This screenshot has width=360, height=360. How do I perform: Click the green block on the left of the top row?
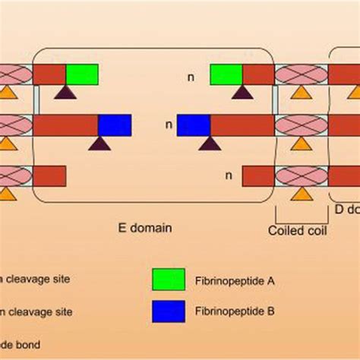point(82,74)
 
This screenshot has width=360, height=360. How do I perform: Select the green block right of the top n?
point(226,74)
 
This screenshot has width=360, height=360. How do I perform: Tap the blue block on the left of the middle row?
point(115,125)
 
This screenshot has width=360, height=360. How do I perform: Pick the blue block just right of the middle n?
point(193,125)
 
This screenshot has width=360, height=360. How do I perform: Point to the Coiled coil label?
point(298,229)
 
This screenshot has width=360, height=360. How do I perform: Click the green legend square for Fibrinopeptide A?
point(168,279)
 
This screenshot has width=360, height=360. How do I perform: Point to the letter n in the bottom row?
point(227,175)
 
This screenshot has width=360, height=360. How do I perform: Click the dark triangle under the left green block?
point(65,92)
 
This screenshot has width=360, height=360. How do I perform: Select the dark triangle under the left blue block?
point(98,142)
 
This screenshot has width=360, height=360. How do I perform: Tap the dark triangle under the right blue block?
point(210,142)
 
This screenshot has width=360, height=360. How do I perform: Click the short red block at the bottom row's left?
point(49,175)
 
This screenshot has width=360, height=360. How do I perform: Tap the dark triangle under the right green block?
point(242,92)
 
